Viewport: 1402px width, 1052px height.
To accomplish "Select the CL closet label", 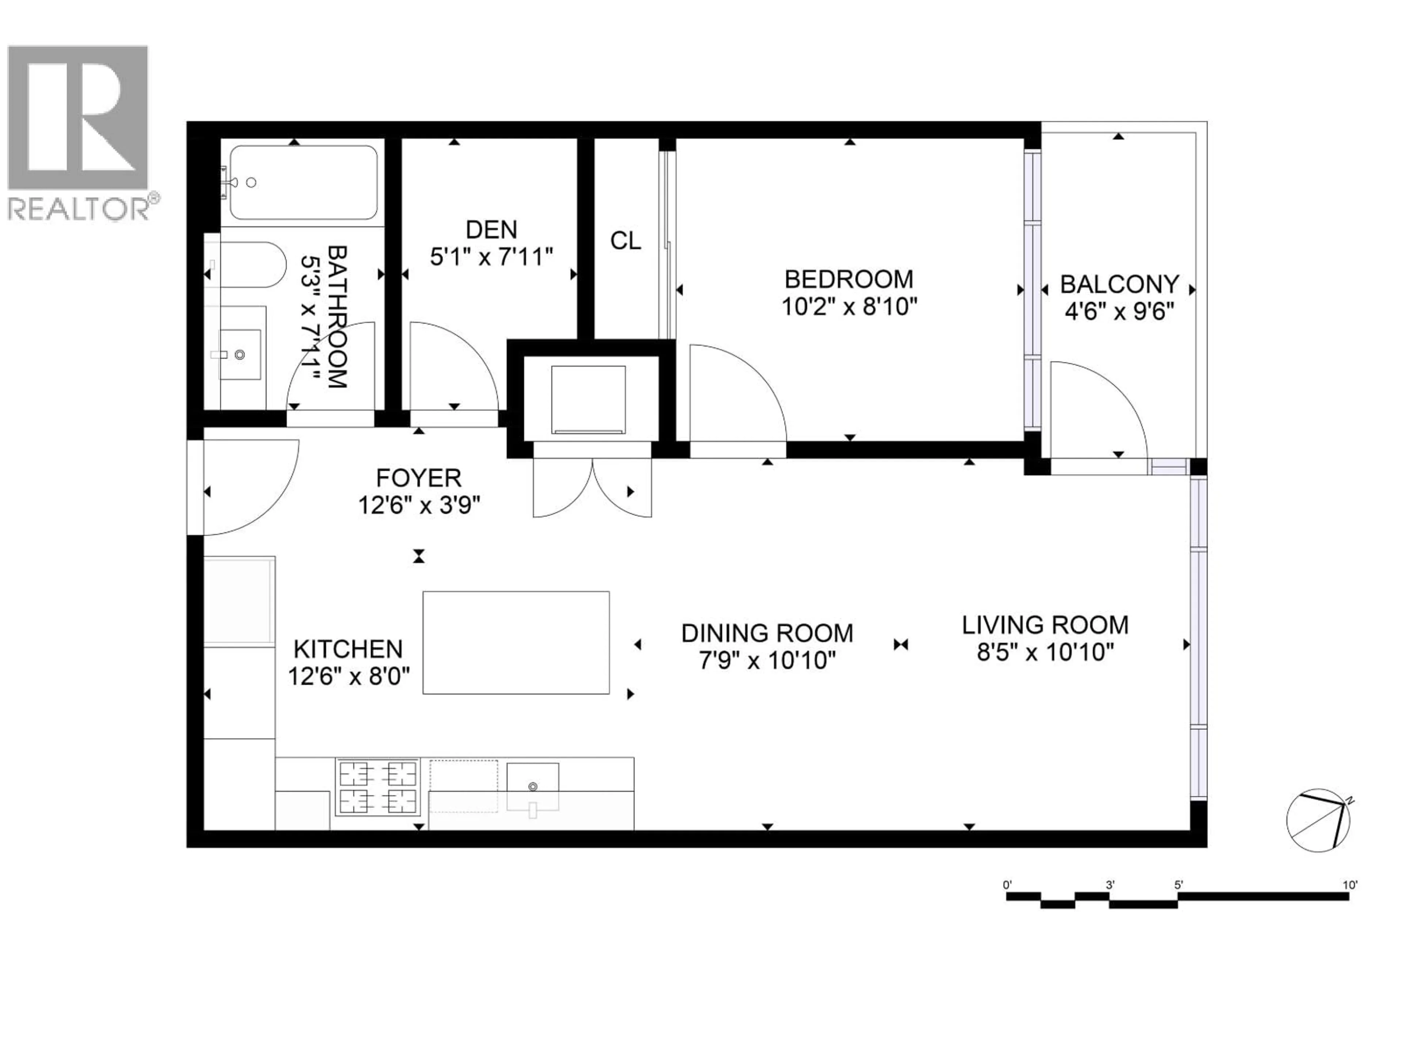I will pyautogui.click(x=625, y=241).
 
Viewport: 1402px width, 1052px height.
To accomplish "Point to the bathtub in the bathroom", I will pyautogui.click(x=304, y=183).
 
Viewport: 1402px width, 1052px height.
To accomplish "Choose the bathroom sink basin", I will pyautogui.click(x=240, y=354).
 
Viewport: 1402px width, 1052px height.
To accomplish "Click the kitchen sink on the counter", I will pyautogui.click(x=532, y=786).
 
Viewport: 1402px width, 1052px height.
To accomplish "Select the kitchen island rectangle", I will pyautogui.click(x=516, y=643).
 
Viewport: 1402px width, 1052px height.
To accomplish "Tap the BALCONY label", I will pyautogui.click(x=1119, y=284).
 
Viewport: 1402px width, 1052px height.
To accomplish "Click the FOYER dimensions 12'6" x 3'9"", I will pyautogui.click(x=419, y=506).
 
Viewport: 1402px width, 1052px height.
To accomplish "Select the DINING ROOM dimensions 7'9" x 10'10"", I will pyautogui.click(x=767, y=661).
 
